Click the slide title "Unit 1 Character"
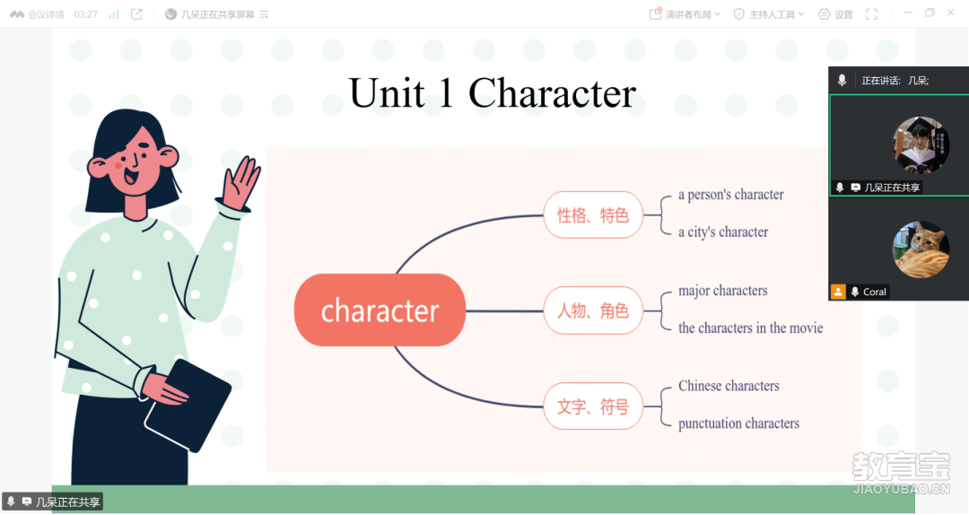click(x=492, y=93)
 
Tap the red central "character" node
click(x=380, y=310)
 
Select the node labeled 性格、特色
click(x=593, y=215)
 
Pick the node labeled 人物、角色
click(x=593, y=310)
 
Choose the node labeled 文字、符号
click(x=593, y=406)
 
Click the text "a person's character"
click(x=731, y=195)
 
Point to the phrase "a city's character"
click(x=723, y=231)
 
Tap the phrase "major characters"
click(x=723, y=291)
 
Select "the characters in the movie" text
click(x=750, y=327)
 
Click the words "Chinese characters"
click(x=729, y=386)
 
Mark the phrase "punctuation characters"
click(x=738, y=423)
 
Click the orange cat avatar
click(x=921, y=249)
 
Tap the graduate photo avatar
click(x=921, y=144)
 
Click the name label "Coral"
click(x=875, y=292)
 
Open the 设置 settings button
click(x=835, y=14)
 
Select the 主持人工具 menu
click(x=769, y=14)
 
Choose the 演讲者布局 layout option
click(x=685, y=14)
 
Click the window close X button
click(x=951, y=13)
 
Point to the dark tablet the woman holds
click(x=188, y=405)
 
